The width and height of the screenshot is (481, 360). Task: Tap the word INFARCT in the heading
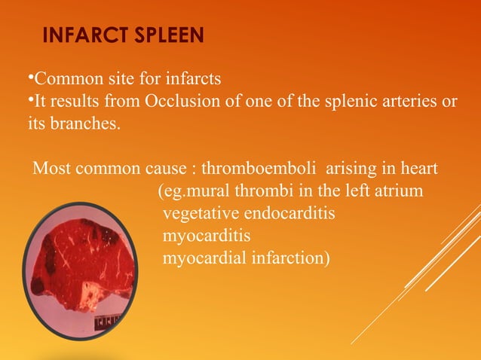point(80,35)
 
